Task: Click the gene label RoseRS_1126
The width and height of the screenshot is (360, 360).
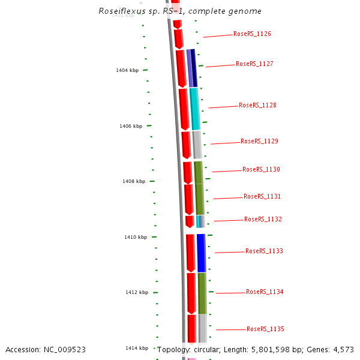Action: coord(252,34)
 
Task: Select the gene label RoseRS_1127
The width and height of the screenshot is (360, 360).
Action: coord(254,64)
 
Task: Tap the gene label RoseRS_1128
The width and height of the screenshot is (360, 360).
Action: coord(257,105)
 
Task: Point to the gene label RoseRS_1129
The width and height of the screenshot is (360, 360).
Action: coord(259,141)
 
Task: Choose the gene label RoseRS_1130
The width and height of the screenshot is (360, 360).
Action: coord(261,169)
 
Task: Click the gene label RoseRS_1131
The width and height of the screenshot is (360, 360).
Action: coord(262,196)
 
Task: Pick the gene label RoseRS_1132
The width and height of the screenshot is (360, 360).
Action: coord(263,219)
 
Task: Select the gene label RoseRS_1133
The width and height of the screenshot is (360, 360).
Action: coord(264,251)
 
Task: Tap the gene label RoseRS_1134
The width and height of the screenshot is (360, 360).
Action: coord(265,292)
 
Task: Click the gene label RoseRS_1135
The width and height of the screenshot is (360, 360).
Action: coord(265,329)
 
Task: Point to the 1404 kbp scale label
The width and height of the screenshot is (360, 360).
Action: coord(127,70)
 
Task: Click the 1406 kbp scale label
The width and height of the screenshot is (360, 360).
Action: coord(131,126)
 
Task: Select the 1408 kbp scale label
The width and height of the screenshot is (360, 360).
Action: coord(134,181)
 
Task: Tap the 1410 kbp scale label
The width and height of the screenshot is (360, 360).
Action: coord(136,237)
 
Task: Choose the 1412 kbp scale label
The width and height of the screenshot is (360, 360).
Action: coord(137,292)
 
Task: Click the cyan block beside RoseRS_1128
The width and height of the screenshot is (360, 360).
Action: coord(194,109)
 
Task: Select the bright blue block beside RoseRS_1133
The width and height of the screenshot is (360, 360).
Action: coord(202,253)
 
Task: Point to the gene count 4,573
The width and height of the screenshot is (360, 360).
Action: coord(343,349)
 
